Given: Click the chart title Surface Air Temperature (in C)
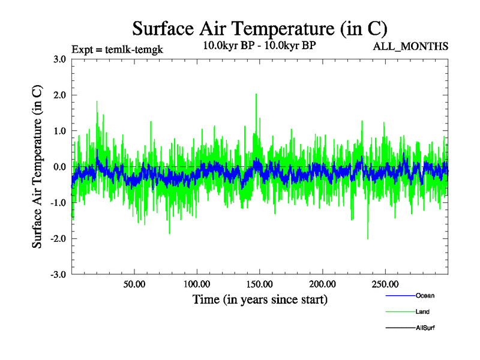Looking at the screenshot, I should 260,29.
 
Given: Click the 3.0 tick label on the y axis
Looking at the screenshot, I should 59,59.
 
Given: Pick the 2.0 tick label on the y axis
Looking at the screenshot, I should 59,95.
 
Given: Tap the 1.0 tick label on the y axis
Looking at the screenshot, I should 59,131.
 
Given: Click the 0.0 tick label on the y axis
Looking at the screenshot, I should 59,167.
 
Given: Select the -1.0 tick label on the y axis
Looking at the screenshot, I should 58,203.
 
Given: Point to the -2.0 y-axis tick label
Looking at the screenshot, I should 58,239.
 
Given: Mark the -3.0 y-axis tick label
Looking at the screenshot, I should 58,275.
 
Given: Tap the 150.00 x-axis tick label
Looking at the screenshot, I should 260,284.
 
